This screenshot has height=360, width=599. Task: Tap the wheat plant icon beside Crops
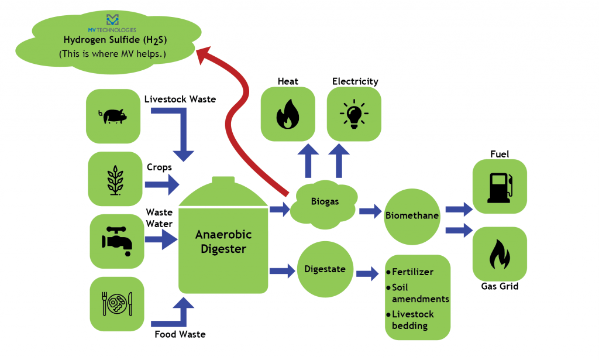point(115,179)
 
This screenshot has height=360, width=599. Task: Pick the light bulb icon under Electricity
point(354,114)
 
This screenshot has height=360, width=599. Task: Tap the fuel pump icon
point(499,187)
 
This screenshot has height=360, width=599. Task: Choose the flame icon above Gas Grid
point(499,253)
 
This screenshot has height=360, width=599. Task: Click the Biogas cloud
point(325,202)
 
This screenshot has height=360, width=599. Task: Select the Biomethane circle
point(412,215)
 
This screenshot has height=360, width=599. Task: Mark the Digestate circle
point(325,269)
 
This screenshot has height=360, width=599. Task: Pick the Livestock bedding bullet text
point(413,319)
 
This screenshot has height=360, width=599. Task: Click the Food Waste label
point(180,335)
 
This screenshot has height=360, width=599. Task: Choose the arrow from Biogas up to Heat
point(306,162)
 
